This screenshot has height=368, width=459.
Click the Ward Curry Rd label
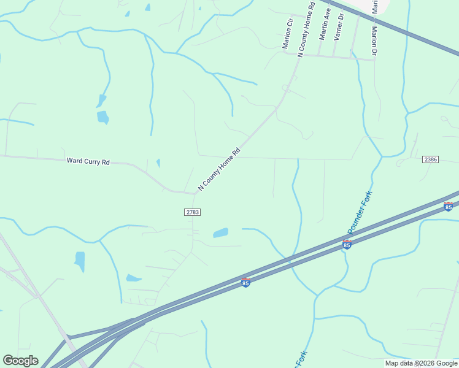pyautogui.click(x=88, y=162)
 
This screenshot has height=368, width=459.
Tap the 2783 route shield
pyautogui.click(x=192, y=212)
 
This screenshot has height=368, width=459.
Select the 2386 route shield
pyautogui.click(x=430, y=159)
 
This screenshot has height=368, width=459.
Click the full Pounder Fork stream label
pyautogui.click(x=360, y=212)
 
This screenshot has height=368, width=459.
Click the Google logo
pyautogui.click(x=20, y=361)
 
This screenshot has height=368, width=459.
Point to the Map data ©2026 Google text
pyautogui.click(x=421, y=363)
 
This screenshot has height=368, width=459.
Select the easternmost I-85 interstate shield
pyautogui.click(x=449, y=206)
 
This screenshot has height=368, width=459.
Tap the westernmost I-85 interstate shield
pyautogui.click(x=245, y=283)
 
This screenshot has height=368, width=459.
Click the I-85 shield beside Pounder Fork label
pyautogui.click(x=347, y=245)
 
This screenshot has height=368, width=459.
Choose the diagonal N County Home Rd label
pyautogui.click(x=218, y=169)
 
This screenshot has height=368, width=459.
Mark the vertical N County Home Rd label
pyautogui.click(x=306, y=29)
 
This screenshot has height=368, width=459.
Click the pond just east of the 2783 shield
pyautogui.click(x=220, y=233)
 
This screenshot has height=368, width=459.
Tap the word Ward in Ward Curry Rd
pyautogui.click(x=74, y=162)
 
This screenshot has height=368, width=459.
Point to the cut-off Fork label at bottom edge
pyautogui.click(x=301, y=359)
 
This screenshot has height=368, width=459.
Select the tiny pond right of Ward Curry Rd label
pyautogui.click(x=158, y=163)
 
